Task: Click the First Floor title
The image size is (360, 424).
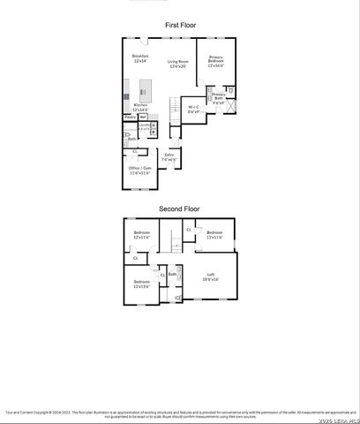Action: [x=180, y=26]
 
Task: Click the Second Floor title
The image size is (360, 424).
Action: [x=180, y=209]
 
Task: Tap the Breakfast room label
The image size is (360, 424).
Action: [x=140, y=58]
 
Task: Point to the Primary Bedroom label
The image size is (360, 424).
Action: [x=216, y=62]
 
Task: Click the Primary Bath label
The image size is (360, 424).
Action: [x=218, y=96]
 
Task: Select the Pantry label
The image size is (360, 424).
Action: [x=129, y=117]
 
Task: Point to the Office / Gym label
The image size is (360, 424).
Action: [x=140, y=170]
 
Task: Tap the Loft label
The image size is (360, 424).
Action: [x=210, y=276]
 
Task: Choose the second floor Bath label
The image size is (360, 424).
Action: [x=172, y=275]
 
